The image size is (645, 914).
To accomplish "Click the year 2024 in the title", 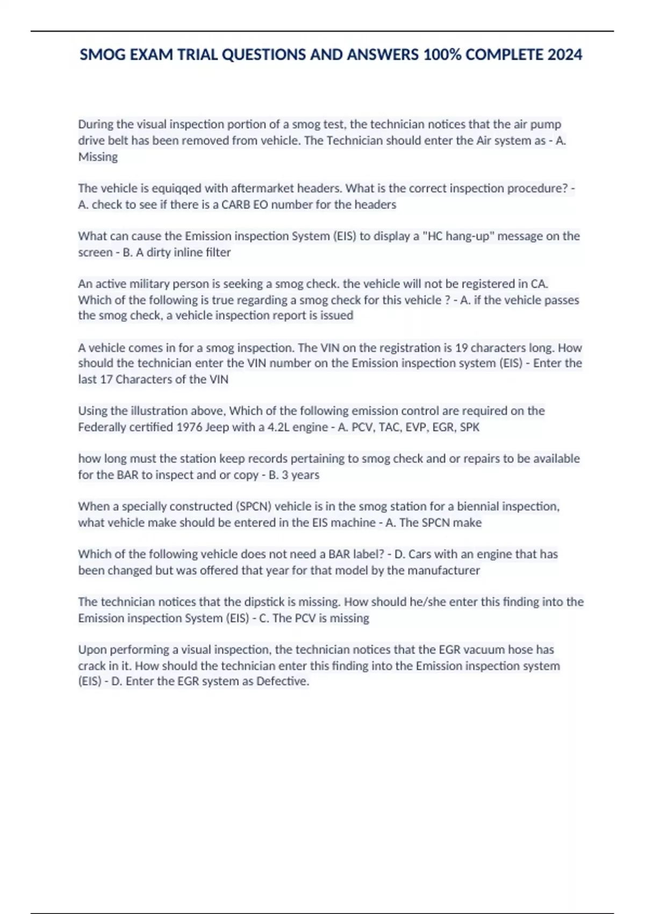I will [x=564, y=55].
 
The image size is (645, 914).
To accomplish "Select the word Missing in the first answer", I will [x=98, y=157].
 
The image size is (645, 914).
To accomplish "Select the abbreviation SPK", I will [x=469, y=427].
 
